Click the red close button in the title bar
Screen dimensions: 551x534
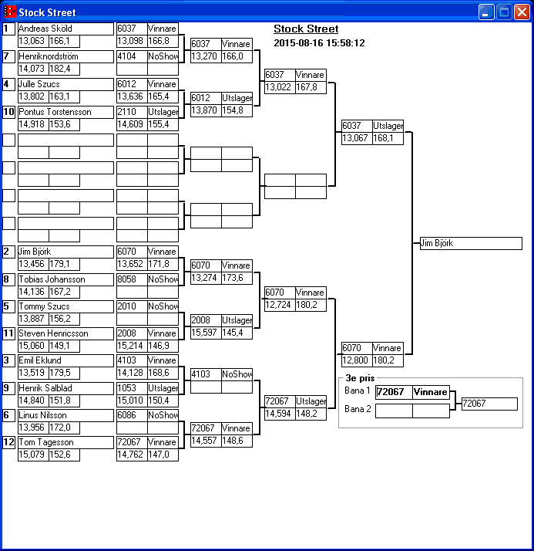click(521, 12)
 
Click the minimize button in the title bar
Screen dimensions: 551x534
click(486, 12)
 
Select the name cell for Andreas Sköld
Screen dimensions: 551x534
click(65, 29)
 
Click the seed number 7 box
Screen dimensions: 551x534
click(8, 56)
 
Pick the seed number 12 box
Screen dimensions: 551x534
click(8, 442)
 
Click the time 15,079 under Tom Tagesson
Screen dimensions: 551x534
click(32, 455)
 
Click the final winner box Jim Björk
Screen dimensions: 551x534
click(470, 243)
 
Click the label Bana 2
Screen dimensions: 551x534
click(357, 409)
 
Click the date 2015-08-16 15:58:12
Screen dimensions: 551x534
click(319, 43)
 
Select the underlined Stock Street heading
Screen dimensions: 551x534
click(306, 29)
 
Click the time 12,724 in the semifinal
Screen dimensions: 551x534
click(279, 306)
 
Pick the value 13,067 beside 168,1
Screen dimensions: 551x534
click(357, 139)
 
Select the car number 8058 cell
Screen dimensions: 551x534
click(131, 279)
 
